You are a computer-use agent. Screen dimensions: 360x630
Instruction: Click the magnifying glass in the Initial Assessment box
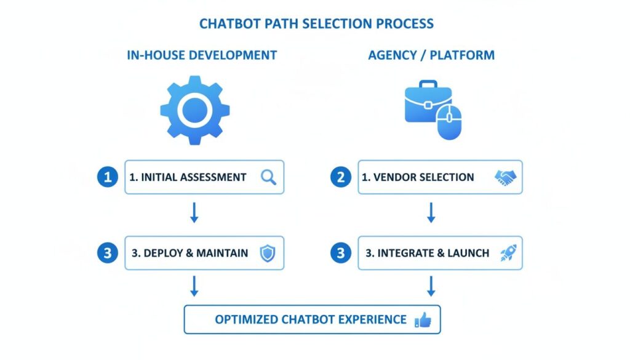(x=268, y=177)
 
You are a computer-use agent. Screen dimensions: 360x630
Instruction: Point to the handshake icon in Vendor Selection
(x=506, y=177)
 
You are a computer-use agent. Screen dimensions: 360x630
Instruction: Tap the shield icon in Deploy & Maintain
(x=267, y=253)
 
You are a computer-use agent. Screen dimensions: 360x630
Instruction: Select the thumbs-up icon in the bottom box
(x=423, y=319)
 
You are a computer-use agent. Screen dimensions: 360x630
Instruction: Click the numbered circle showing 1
(x=108, y=177)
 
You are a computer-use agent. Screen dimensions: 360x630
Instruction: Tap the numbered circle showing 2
(x=340, y=177)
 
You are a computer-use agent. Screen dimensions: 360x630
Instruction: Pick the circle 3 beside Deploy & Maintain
(x=108, y=253)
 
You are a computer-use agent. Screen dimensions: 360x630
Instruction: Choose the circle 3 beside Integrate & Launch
(x=340, y=253)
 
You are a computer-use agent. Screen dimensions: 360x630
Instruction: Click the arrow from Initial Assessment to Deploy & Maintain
(x=194, y=213)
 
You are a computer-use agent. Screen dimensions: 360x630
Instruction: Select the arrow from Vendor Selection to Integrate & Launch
(x=431, y=213)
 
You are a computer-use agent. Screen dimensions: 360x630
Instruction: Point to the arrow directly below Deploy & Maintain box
(x=194, y=286)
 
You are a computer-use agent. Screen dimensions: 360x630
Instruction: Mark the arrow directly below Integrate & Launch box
(x=431, y=286)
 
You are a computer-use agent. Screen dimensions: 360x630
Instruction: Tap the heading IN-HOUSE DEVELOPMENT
(x=202, y=55)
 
